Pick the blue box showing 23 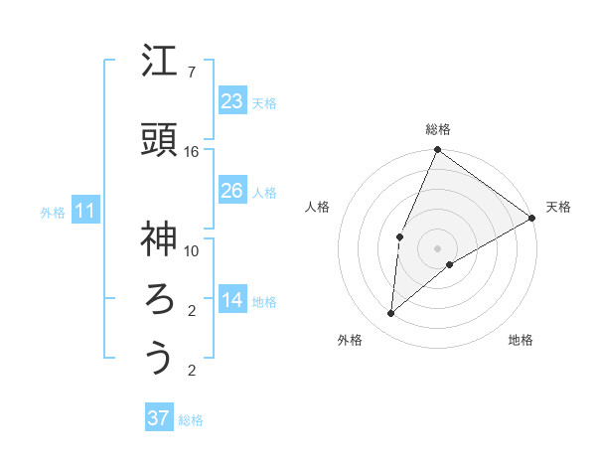coord(232,100)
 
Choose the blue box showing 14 coord(232,300)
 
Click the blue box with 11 coord(85,211)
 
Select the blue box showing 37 coord(159,418)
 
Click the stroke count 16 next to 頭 coord(192,152)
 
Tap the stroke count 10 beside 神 coord(192,250)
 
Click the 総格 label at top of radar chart coord(438,129)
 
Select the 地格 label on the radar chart coord(521,341)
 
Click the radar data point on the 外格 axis coord(391,314)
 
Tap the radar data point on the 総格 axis coord(437,150)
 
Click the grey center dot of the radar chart coord(437,247)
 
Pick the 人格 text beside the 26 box coord(263,192)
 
